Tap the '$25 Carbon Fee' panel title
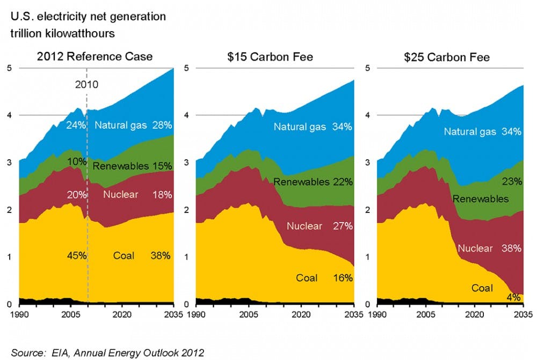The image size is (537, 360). (447, 57)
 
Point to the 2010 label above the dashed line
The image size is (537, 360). (87, 84)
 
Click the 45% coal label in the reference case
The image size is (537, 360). (76, 255)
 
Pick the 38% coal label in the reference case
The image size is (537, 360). (160, 255)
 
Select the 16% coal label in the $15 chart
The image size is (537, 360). (342, 278)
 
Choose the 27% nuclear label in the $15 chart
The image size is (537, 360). (342, 226)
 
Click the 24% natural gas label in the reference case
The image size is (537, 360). (76, 126)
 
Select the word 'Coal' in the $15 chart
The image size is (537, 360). (307, 278)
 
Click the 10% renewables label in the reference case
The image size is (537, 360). (76, 162)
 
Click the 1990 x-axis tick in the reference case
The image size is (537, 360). (19, 314)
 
